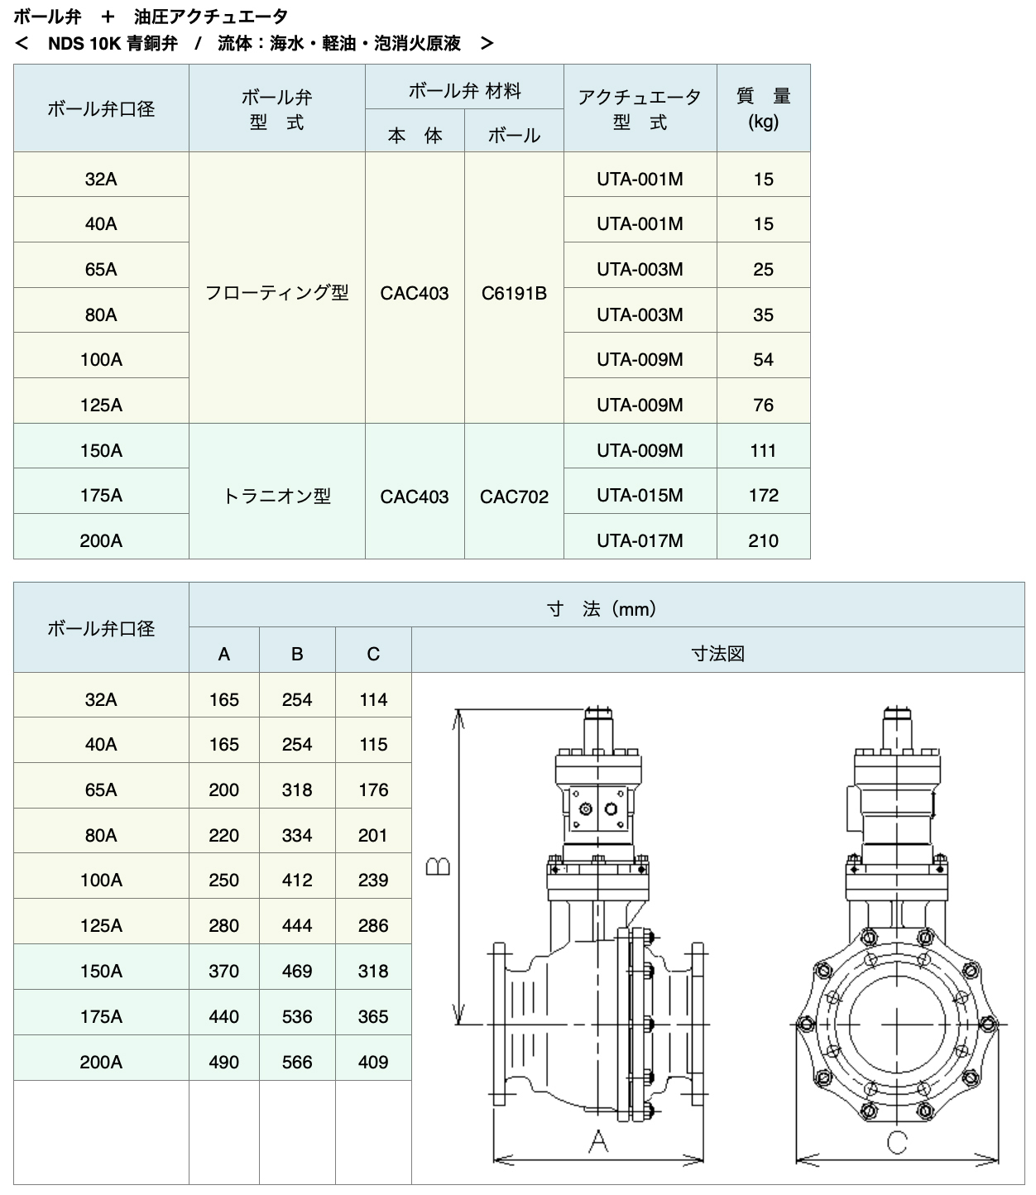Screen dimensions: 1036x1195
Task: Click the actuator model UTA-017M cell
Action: (x=640, y=540)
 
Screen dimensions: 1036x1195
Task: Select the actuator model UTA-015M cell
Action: (x=640, y=496)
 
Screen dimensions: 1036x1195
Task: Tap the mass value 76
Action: (x=763, y=405)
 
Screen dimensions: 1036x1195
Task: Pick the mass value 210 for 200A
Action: (x=763, y=540)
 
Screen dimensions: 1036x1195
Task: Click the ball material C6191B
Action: (x=514, y=293)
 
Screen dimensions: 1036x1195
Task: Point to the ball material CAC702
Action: (x=514, y=497)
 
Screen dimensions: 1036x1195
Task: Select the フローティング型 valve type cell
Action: (x=277, y=293)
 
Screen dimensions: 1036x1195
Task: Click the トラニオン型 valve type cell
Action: (x=277, y=497)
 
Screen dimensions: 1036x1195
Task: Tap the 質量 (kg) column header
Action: (x=763, y=108)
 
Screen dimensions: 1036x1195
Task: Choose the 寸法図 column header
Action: (x=717, y=654)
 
